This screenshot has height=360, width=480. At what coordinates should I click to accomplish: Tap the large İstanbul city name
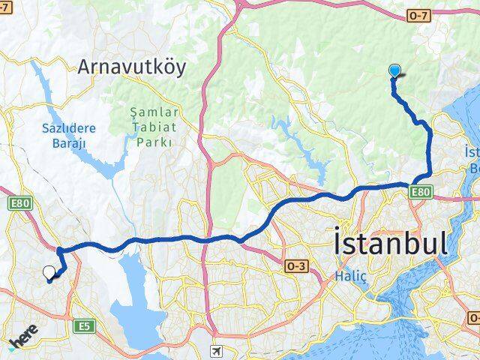391,243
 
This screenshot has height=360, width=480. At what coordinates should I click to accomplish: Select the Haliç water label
350,277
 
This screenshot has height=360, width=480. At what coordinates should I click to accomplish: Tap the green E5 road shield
84,325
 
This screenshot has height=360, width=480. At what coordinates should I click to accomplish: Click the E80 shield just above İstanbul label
420,193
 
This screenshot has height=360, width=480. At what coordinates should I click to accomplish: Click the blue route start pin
394,72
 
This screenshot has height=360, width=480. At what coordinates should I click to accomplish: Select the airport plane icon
217,350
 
